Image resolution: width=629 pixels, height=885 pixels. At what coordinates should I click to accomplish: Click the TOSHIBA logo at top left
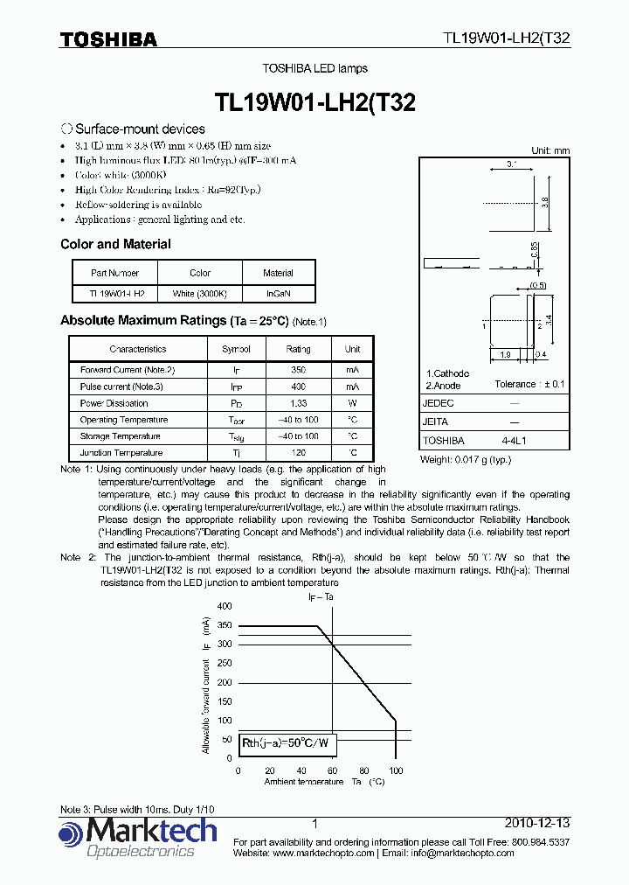click(x=108, y=39)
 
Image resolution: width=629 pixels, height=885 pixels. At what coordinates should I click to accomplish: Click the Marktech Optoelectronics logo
click(x=138, y=838)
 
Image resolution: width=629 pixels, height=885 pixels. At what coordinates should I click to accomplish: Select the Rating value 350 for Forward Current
click(x=298, y=370)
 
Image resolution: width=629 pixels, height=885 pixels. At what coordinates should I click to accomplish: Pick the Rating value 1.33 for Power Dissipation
click(x=298, y=403)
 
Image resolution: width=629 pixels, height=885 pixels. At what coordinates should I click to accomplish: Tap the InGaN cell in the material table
click(x=278, y=294)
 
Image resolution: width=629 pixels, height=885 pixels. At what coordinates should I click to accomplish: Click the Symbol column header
click(x=236, y=348)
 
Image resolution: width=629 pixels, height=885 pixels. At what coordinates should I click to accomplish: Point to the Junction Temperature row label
click(x=121, y=453)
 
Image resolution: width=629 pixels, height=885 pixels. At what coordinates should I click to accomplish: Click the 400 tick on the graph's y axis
click(x=225, y=606)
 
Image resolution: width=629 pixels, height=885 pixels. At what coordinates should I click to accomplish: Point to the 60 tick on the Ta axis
click(x=332, y=770)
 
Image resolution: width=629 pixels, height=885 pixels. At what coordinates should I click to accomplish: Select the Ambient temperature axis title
click(x=304, y=781)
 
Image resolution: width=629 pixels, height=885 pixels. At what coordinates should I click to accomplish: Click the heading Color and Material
click(x=115, y=245)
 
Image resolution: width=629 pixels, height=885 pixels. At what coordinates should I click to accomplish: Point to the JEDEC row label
click(x=439, y=403)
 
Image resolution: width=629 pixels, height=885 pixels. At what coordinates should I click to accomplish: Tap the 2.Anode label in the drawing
click(x=444, y=386)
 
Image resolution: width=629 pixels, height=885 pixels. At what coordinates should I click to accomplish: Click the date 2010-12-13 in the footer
click(x=537, y=824)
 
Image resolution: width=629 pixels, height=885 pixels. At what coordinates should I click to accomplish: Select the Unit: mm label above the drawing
click(x=550, y=150)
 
